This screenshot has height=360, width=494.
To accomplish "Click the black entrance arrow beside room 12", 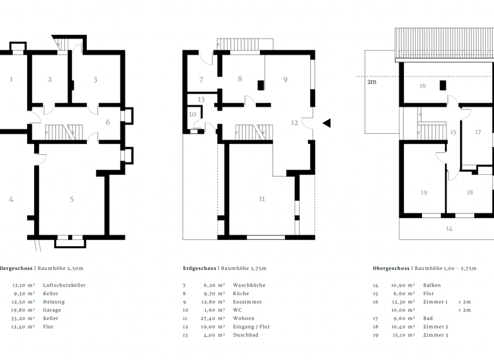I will (327, 123).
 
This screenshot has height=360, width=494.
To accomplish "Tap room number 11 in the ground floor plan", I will (262, 199).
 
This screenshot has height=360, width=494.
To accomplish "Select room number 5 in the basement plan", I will (71, 199).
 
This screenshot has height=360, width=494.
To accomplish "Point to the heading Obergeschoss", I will (391, 268).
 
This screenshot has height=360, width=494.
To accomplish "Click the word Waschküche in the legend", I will (249, 285).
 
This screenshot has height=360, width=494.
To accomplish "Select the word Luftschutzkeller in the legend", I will (64, 285).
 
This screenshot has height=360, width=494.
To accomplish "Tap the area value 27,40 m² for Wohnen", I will (212, 318).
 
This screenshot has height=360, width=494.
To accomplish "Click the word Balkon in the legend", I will (433, 285).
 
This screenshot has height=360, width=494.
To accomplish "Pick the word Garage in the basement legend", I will (52, 310).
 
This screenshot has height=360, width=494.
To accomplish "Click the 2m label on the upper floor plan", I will (372, 82).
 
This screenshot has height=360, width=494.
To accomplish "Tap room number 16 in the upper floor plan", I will (423, 85).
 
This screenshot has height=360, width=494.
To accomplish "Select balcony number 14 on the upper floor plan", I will (449, 228).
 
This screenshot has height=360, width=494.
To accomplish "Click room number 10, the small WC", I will (192, 114).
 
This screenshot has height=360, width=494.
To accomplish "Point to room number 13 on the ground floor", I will (201, 100).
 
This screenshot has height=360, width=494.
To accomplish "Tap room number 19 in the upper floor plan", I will (424, 193).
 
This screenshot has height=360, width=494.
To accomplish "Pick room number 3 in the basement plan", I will (95, 80).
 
